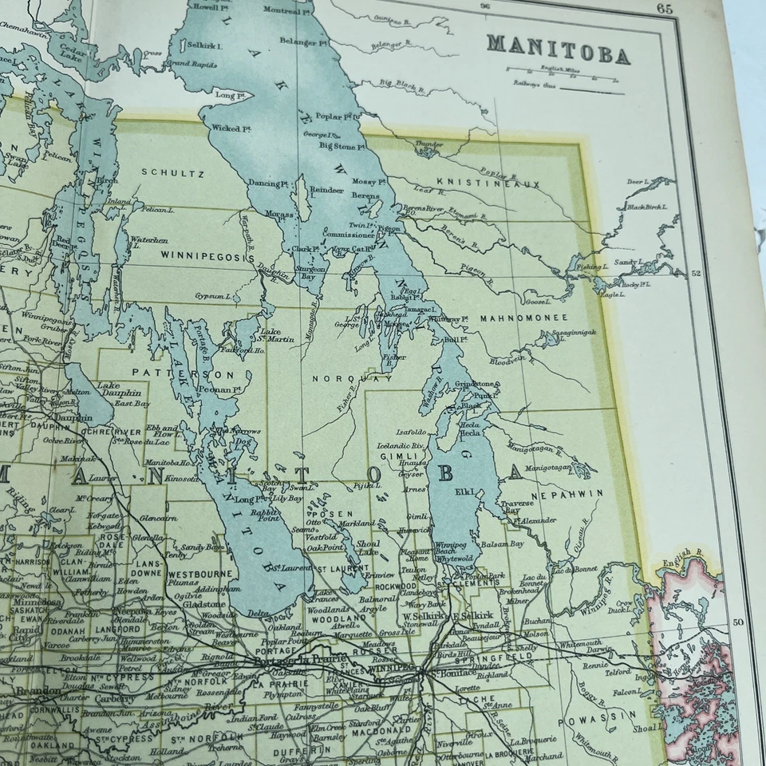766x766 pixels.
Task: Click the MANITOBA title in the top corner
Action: point(559,49)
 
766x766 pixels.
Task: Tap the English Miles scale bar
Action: point(563,78)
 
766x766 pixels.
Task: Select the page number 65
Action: point(664,9)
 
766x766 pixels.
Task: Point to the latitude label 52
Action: point(695,274)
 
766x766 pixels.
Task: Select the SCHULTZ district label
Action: point(173,172)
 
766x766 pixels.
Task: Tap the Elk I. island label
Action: point(466,492)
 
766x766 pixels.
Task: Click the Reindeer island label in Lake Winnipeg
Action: point(326,191)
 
